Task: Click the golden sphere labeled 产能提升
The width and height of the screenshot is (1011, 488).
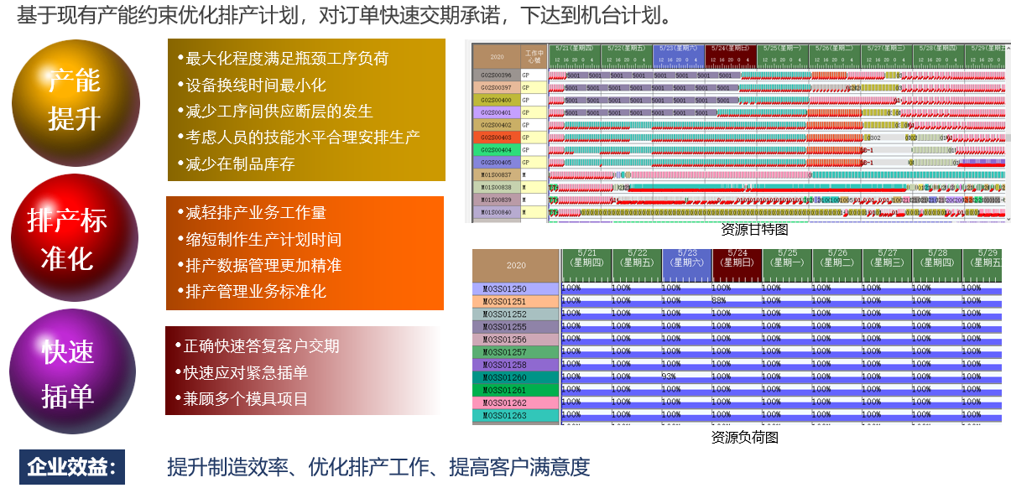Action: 74,101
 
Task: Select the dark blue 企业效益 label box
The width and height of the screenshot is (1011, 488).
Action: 72,467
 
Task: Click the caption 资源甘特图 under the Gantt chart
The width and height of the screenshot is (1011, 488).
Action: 754,228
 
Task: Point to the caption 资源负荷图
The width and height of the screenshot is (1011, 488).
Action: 744,437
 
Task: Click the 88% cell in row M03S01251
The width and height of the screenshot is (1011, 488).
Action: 718,301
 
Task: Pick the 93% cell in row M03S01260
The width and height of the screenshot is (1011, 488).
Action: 669,376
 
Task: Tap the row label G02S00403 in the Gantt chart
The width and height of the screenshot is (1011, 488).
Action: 496,138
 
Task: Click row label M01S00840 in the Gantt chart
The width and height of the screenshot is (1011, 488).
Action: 496,212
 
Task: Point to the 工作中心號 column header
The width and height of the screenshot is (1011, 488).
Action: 534,56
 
